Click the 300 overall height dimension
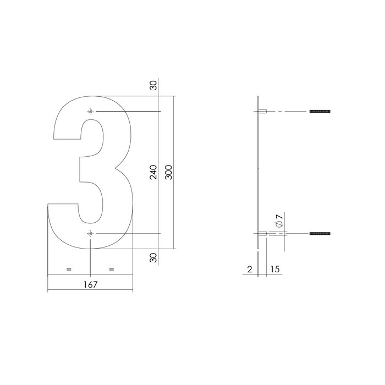[168, 172]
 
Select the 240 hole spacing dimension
[153, 172]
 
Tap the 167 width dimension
[91, 284]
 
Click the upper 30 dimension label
[153, 85]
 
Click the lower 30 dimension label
[153, 256]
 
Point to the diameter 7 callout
[279, 221]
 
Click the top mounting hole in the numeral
[90, 112]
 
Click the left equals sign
[69, 269]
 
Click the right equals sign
[112, 269]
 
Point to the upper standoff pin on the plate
[263, 112]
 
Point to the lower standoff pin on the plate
[263, 234]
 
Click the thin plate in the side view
[258, 172]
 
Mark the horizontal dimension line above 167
[91, 290]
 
